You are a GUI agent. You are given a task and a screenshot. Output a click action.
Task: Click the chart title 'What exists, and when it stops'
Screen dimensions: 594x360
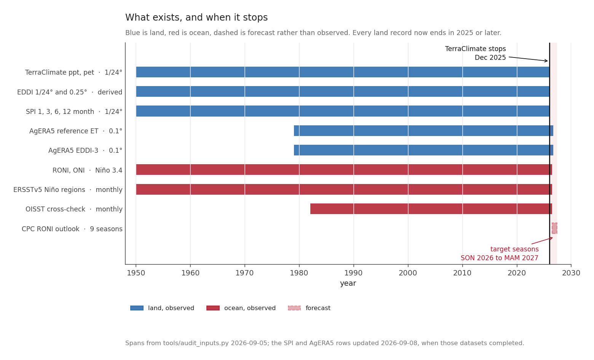point(196,18)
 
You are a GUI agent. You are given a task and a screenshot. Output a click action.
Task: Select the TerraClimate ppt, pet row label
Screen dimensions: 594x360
point(74,72)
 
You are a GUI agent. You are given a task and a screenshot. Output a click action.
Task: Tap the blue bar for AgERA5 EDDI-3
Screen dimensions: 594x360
point(423,150)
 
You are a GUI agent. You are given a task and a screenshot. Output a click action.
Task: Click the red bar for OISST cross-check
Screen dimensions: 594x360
point(431,209)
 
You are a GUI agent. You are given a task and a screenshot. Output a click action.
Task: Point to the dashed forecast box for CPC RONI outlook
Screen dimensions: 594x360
point(554,228)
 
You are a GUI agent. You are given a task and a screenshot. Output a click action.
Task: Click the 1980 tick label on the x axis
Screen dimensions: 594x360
point(299,273)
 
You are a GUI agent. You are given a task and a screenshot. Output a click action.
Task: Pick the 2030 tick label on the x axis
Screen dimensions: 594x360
point(571,273)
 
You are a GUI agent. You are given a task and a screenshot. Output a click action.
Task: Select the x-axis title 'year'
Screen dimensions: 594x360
point(348,283)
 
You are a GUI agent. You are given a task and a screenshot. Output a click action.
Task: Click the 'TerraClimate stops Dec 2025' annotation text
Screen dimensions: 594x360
point(475,53)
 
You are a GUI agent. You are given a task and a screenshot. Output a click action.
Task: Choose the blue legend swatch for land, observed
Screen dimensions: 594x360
point(137,308)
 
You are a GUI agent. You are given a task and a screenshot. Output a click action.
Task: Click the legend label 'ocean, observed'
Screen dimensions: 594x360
point(250,308)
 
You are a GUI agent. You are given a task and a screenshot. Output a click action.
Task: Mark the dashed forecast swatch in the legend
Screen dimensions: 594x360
point(294,308)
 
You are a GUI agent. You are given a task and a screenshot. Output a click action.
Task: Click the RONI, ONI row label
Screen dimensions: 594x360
point(88,170)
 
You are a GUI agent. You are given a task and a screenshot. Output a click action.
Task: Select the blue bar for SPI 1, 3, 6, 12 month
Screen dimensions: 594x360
point(343,111)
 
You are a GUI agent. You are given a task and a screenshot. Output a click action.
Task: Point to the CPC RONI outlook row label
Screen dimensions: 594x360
point(72,229)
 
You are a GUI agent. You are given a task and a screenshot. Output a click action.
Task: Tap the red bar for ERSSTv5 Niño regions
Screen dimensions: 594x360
point(344,189)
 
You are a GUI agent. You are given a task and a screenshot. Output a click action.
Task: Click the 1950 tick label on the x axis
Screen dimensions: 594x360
point(136,273)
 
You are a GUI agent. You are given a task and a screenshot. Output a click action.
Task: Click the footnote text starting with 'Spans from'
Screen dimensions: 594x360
point(324,343)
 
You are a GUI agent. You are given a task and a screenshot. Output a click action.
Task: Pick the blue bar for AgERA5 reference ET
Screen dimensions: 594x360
point(423,131)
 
